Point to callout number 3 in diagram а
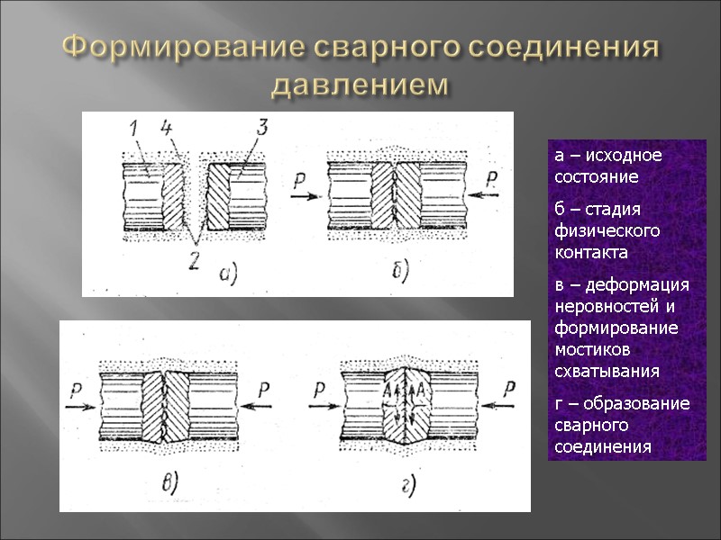(x=261, y=128)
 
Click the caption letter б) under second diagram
(x=400, y=269)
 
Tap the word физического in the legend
(x=598, y=231)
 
